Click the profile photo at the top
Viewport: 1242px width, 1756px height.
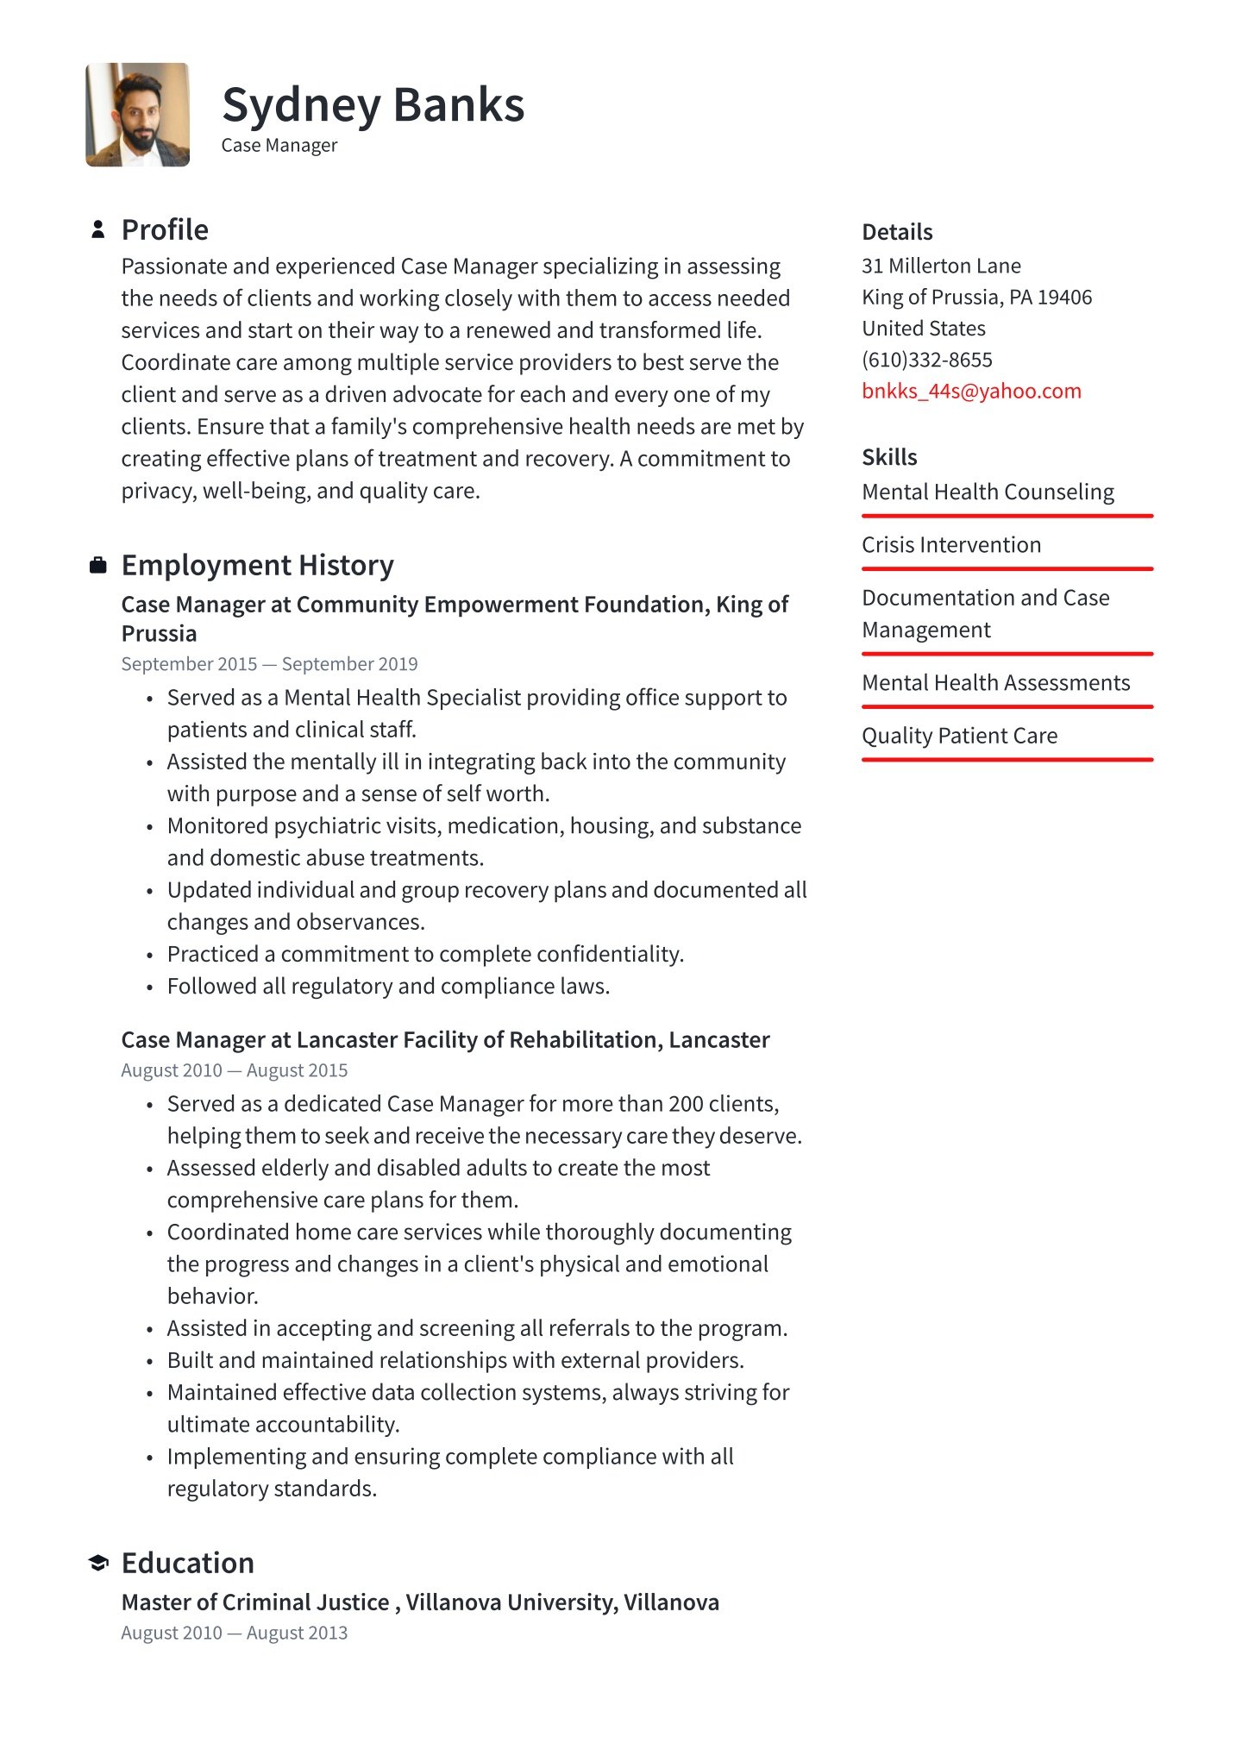click(x=137, y=115)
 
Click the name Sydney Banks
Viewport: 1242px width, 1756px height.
click(x=373, y=105)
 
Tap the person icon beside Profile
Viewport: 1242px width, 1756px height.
click(x=98, y=229)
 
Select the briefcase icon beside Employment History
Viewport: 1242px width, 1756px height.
click(x=98, y=566)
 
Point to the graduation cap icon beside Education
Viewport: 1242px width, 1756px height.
click(x=98, y=1563)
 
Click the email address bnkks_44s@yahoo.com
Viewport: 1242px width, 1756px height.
click(x=971, y=391)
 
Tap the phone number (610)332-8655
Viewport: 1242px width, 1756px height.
click(x=927, y=360)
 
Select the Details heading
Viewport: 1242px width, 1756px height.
click(x=897, y=232)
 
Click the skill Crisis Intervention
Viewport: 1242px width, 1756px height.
click(x=951, y=545)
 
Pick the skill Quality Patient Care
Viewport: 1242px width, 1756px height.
click(x=959, y=736)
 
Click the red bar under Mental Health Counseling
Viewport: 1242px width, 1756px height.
click(x=1007, y=516)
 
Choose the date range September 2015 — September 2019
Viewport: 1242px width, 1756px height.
click(x=269, y=664)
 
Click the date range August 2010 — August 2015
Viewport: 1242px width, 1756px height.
click(x=235, y=1070)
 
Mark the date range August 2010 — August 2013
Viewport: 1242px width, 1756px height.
click(x=235, y=1633)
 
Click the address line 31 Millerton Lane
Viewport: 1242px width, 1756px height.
click(x=941, y=266)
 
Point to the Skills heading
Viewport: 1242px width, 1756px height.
click(x=889, y=457)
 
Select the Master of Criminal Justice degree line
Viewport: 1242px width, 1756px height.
click(x=420, y=1602)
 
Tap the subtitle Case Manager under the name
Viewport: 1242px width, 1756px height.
click(x=279, y=146)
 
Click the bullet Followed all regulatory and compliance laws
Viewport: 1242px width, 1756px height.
click(x=388, y=986)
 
